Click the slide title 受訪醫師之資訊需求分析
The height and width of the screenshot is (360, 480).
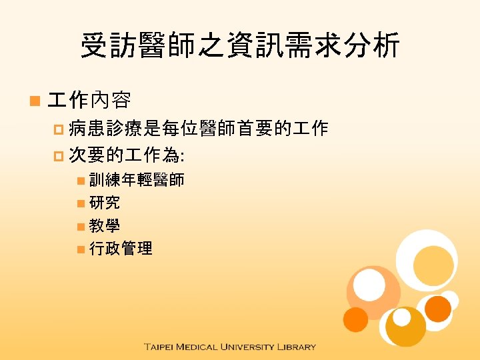[x=240, y=47]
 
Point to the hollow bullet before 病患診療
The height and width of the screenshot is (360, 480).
[x=59, y=130]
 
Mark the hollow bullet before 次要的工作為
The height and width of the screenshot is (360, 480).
[x=59, y=157]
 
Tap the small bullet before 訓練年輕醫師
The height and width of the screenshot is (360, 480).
[x=80, y=181]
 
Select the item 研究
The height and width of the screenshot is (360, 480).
[x=105, y=203]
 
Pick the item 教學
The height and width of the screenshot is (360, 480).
[x=105, y=225]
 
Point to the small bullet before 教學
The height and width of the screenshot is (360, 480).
[x=80, y=226]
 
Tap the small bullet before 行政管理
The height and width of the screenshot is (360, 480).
[x=80, y=249]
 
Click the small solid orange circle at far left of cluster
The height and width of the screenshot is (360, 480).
[x=355, y=319]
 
